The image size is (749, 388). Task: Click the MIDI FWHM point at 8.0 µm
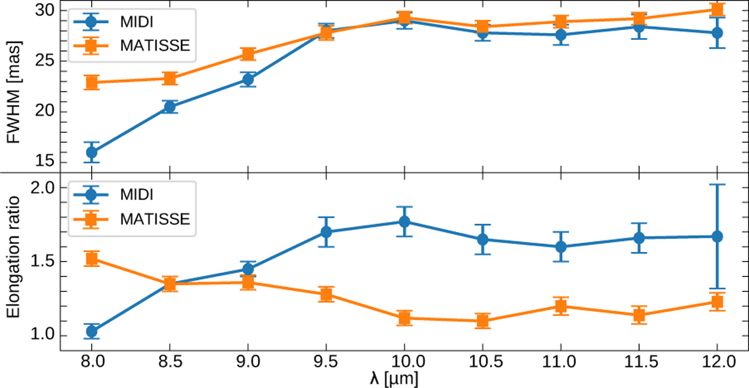coord(92,152)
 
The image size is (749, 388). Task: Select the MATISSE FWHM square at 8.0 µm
coord(92,82)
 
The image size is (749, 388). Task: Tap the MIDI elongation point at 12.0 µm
coord(717,236)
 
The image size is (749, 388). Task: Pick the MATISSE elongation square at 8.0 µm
coord(92,259)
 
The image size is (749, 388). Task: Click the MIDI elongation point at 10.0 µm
coord(404,221)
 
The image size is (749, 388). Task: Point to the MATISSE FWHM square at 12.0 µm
coord(717,9)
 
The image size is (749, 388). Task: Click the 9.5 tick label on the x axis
coord(326,362)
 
